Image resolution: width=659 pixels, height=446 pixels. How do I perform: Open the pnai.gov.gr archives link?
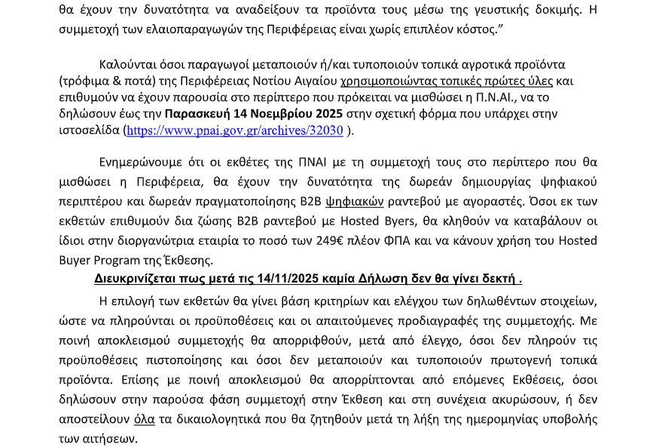(235, 130)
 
